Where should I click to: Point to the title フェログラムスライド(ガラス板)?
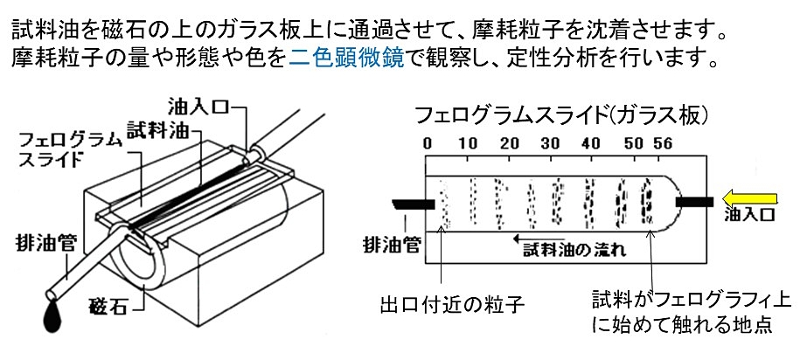[x=560, y=114]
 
